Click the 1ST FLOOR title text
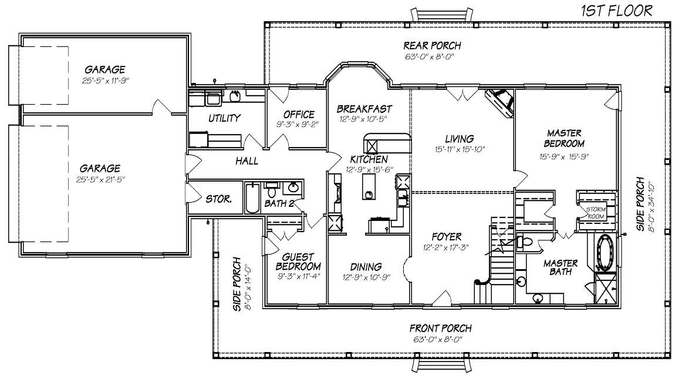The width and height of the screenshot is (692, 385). click(x=616, y=10)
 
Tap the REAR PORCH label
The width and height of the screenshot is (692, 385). click(x=432, y=45)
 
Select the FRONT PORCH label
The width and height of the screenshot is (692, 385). click(x=440, y=329)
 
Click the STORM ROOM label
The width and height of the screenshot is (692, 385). click(x=596, y=213)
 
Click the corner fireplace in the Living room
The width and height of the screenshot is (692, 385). click(x=500, y=101)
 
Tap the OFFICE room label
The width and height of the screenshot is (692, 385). click(x=299, y=114)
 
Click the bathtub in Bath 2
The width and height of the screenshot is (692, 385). click(x=252, y=198)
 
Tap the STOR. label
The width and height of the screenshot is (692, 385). click(x=218, y=199)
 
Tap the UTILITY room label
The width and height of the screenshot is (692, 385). click(x=224, y=118)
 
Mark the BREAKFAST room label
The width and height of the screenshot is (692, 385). click(x=364, y=109)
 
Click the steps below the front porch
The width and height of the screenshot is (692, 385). click(x=441, y=366)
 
